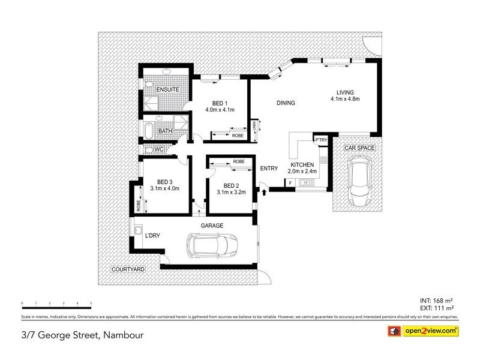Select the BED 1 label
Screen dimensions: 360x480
coord(219,103)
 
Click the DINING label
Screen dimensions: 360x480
coord(286,103)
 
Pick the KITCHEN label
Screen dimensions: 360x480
coord(303,164)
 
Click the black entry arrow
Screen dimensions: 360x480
coord(263,191)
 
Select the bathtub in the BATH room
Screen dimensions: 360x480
coord(148,130)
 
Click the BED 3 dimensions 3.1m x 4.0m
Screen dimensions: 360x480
coord(165,189)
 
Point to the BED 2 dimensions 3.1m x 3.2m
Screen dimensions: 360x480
coord(231,193)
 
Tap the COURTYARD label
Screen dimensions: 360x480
coord(128,270)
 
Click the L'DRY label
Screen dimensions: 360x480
coord(152,235)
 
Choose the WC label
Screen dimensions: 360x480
coord(160,149)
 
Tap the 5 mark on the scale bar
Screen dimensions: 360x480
coord(91,304)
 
